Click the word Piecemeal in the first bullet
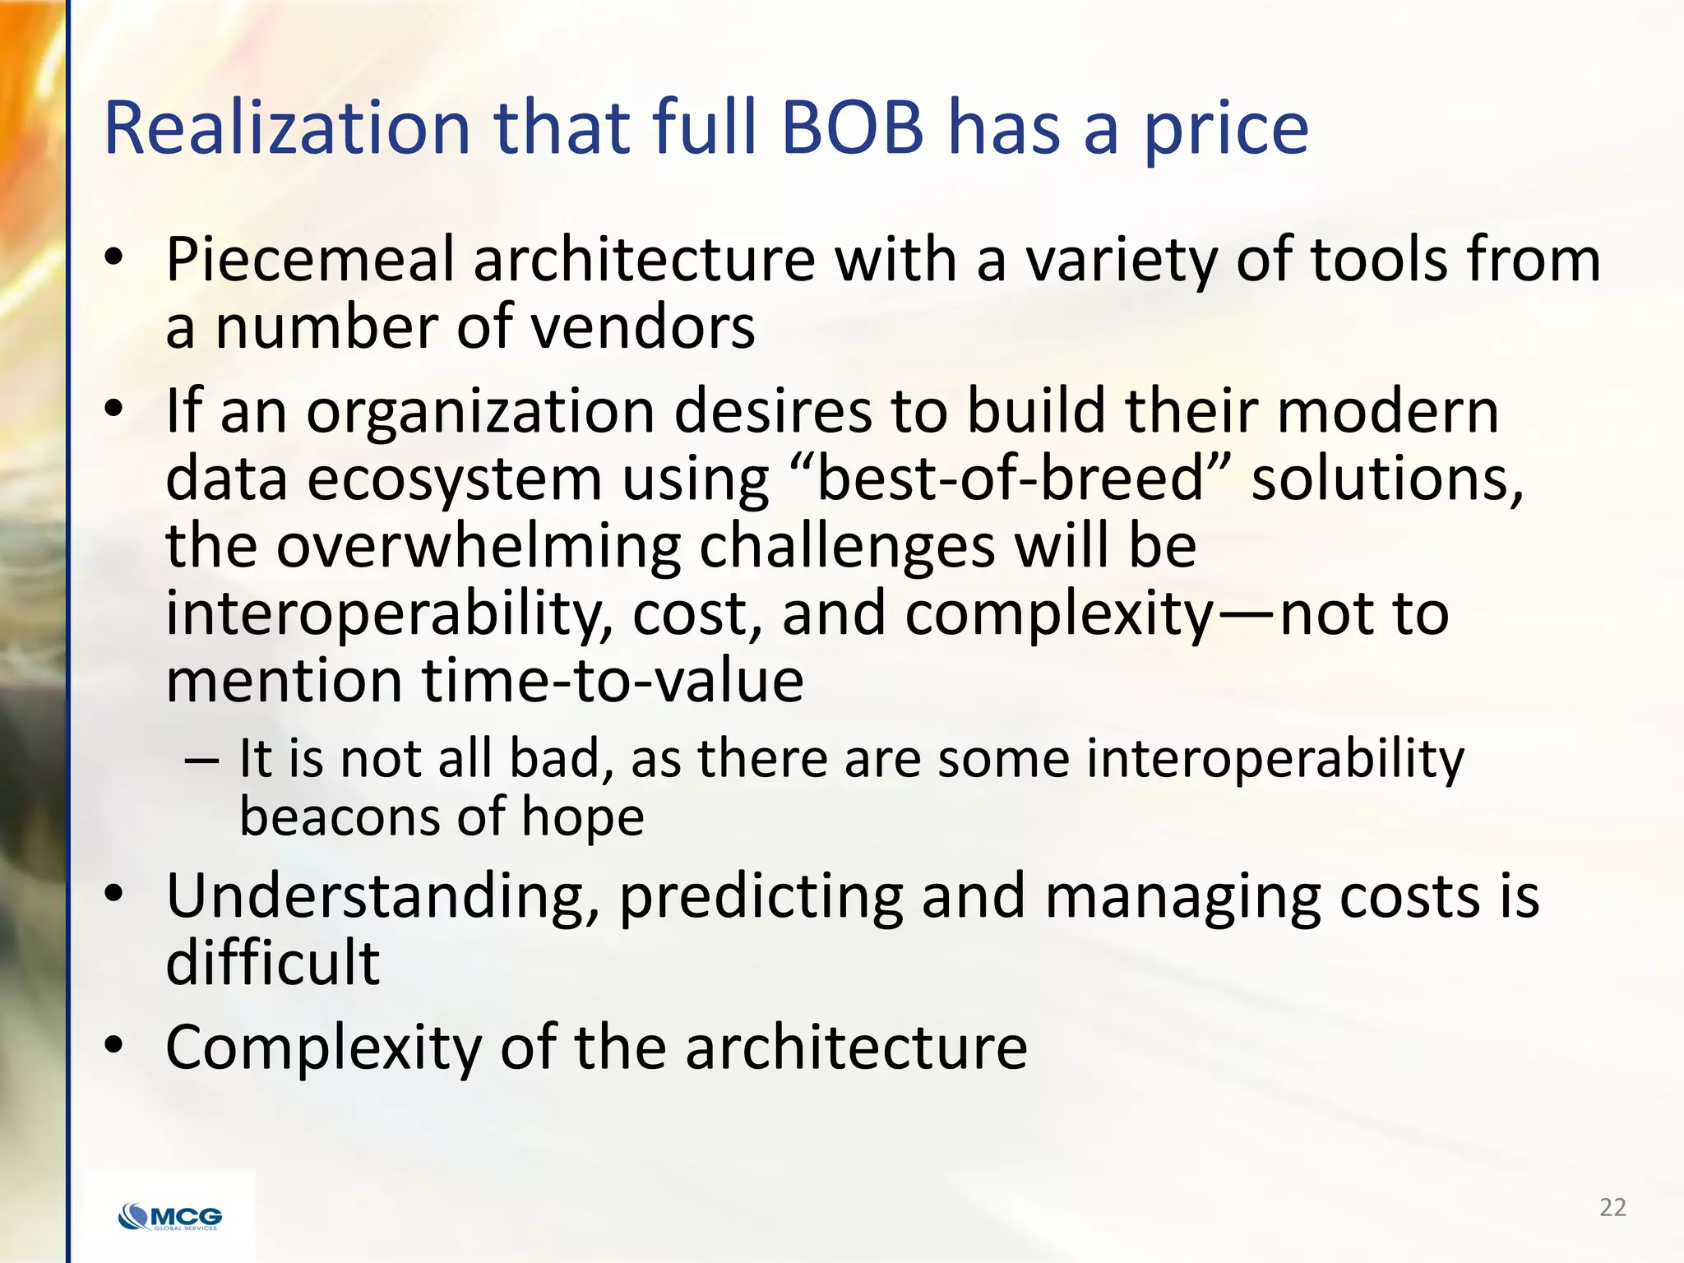click(309, 260)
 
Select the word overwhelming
click(478, 547)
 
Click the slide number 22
click(1612, 1207)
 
